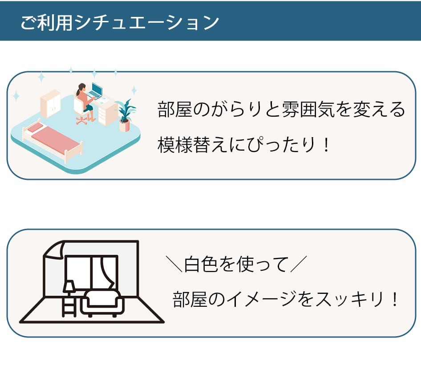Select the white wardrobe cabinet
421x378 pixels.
pyautogui.click(x=50, y=103)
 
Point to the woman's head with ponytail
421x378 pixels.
pyautogui.click(x=81, y=87)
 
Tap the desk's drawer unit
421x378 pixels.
pyautogui.click(x=107, y=114)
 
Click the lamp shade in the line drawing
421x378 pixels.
pyautogui.click(x=69, y=286)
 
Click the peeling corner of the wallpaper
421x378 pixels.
pyautogui.click(x=56, y=249)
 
